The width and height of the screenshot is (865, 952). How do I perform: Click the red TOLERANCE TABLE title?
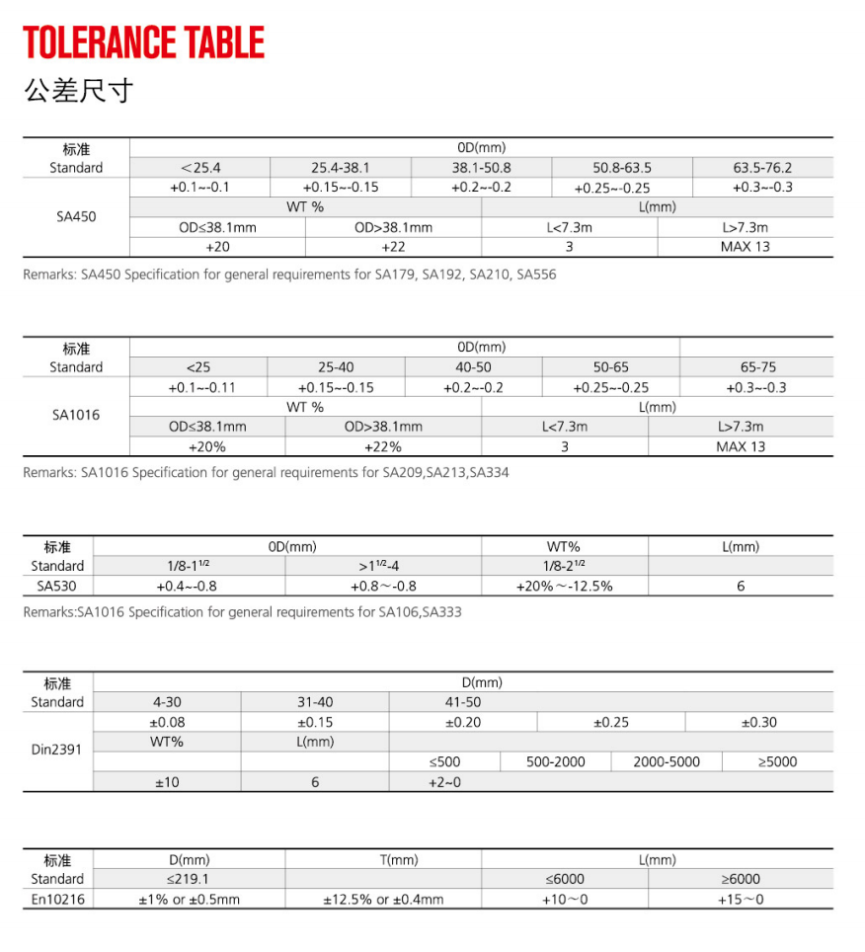click(x=144, y=42)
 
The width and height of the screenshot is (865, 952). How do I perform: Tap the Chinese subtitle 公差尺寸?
click(x=78, y=92)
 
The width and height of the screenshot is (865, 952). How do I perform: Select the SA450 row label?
click(x=76, y=216)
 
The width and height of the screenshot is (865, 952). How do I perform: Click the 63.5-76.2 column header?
click(x=762, y=168)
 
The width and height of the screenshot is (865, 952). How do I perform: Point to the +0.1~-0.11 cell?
click(x=202, y=387)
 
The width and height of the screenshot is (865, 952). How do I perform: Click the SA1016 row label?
click(x=76, y=416)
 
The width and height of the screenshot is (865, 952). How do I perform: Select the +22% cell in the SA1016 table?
click(x=383, y=446)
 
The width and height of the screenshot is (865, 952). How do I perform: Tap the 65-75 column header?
click(x=757, y=367)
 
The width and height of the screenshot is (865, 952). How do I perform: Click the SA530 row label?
click(x=57, y=586)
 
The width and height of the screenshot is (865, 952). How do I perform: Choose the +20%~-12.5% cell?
click(x=564, y=586)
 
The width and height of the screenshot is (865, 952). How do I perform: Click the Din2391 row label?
click(x=57, y=751)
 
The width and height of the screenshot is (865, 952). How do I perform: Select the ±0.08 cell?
click(x=166, y=722)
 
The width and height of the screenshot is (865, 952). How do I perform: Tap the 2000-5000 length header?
click(x=667, y=761)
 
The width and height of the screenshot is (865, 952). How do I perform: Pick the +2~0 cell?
click(x=444, y=782)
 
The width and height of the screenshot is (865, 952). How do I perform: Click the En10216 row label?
click(x=57, y=900)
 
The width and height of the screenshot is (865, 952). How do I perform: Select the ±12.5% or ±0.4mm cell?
click(x=383, y=900)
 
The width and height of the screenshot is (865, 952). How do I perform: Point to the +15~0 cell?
click(x=741, y=900)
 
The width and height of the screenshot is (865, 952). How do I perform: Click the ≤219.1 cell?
click(x=189, y=879)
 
